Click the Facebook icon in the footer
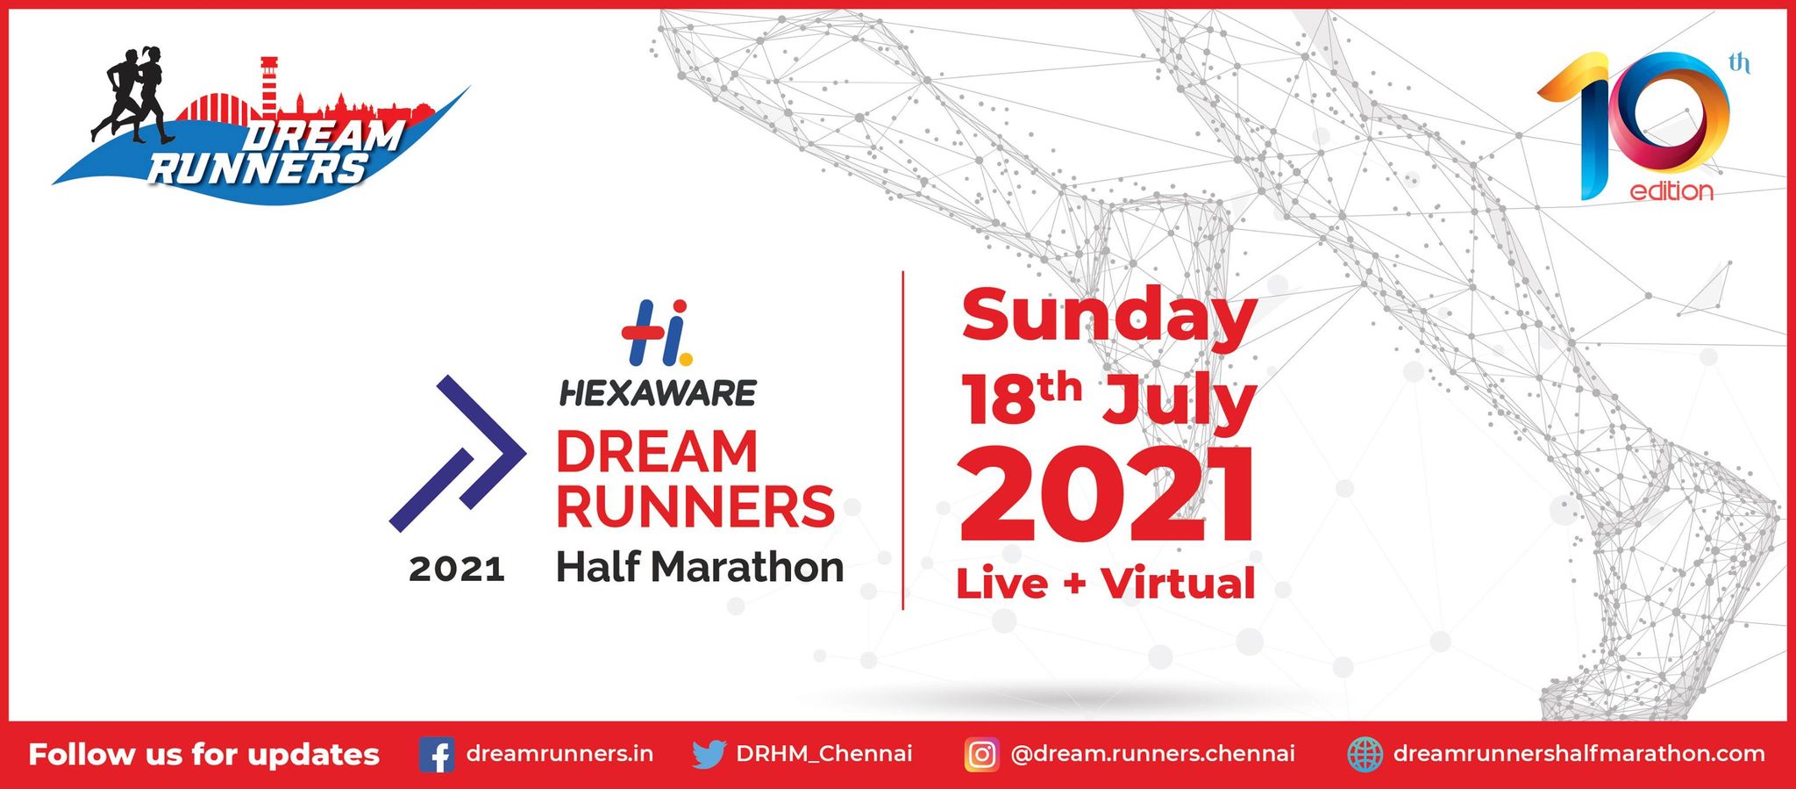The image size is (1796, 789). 436,755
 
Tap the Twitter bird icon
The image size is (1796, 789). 709,754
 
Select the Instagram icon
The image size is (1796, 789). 981,755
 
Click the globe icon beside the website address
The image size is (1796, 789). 1365,755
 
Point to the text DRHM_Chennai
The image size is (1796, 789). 824,754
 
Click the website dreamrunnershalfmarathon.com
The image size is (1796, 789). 1579,754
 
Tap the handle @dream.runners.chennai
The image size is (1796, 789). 1152,754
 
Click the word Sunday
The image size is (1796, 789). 1108,317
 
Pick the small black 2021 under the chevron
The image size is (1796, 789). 457,570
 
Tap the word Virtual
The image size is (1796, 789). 1178,584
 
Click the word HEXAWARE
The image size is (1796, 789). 658,393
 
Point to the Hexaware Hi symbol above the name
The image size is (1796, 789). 657,333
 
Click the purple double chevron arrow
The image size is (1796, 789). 458,454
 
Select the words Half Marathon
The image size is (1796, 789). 700,567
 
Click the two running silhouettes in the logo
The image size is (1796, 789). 133,95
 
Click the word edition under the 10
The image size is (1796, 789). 1671,191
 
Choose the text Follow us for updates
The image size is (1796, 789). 204,755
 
